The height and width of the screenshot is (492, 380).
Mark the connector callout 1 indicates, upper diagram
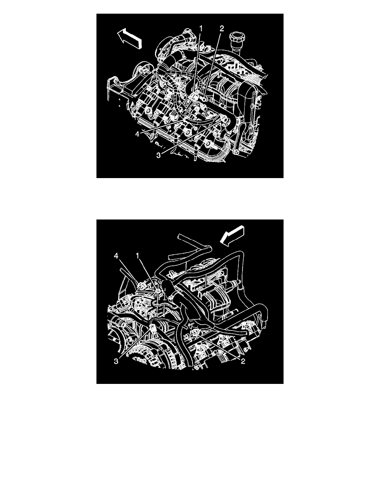195,96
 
